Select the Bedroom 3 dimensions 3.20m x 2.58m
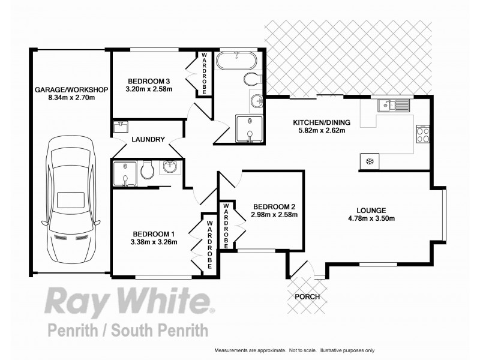tap(149, 90)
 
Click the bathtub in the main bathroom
tap(238, 61)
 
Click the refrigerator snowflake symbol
tap(370, 161)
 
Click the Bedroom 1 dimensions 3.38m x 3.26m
tap(153, 243)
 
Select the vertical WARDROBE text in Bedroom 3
tap(204, 72)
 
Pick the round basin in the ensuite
tap(169, 169)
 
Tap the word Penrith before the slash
tap(70, 331)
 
